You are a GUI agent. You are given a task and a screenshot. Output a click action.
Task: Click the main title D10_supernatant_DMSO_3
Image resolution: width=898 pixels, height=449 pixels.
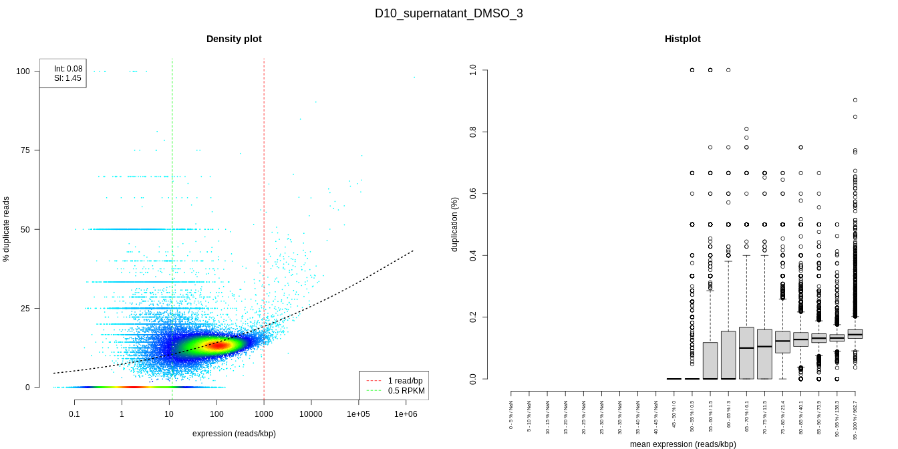pos(448,13)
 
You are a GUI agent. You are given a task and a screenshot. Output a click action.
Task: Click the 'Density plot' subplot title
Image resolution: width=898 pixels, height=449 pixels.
pos(234,39)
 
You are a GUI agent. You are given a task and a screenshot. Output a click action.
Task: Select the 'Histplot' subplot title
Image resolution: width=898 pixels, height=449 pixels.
pos(682,39)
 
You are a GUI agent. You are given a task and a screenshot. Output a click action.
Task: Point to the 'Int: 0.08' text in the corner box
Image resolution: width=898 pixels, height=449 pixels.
pos(68,69)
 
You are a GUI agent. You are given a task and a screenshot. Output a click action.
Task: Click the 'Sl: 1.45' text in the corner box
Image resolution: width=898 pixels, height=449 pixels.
pos(67,78)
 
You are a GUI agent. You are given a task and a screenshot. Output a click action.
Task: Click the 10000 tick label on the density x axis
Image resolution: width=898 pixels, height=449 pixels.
pos(311,414)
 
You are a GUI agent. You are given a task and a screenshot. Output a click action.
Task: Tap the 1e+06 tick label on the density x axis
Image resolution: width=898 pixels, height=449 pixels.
pos(406,414)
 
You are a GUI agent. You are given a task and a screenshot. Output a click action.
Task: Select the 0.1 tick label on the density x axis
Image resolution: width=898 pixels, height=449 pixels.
pos(74,414)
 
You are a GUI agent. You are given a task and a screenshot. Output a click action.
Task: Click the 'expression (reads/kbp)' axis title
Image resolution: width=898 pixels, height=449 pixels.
pos(234,434)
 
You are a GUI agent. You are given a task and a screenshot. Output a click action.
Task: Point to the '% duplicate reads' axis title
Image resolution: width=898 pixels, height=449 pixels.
pos(7,229)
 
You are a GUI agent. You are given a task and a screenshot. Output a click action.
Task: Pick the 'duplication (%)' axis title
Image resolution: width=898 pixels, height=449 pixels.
pos(454,224)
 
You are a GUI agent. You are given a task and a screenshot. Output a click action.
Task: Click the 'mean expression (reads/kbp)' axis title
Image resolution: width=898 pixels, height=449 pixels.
pos(683,444)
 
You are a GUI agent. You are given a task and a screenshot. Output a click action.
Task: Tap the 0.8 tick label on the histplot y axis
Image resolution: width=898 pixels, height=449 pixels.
pos(473,132)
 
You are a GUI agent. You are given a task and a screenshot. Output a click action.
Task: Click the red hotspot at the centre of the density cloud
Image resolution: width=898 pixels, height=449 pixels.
pos(215,345)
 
